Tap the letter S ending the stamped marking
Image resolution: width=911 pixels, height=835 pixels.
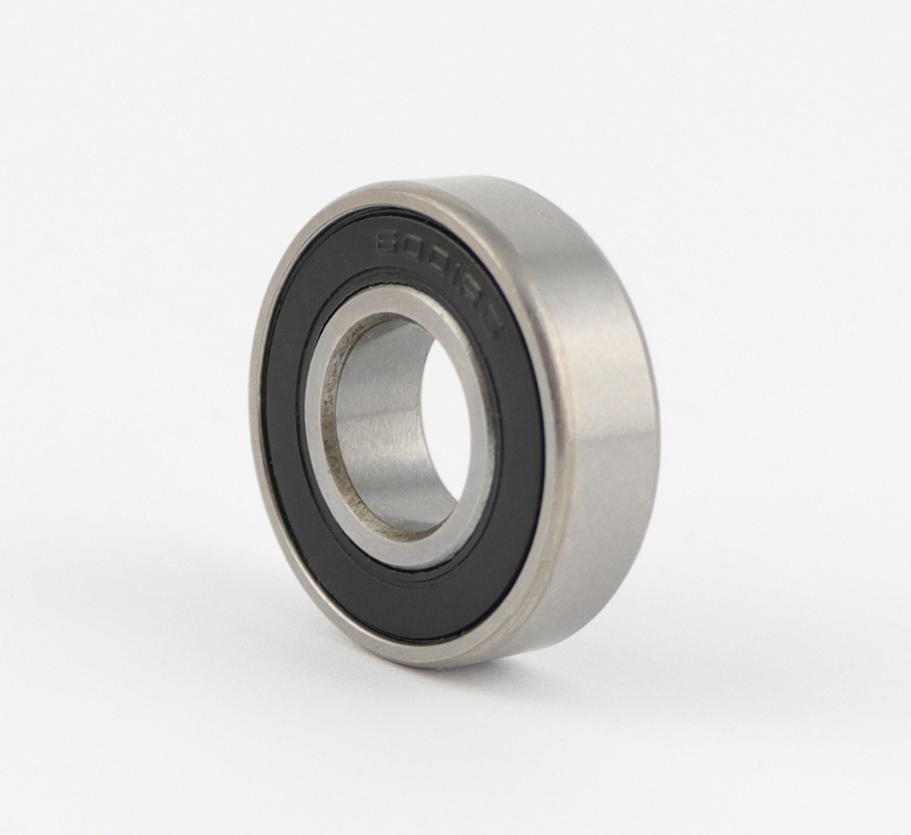(x=477, y=276)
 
